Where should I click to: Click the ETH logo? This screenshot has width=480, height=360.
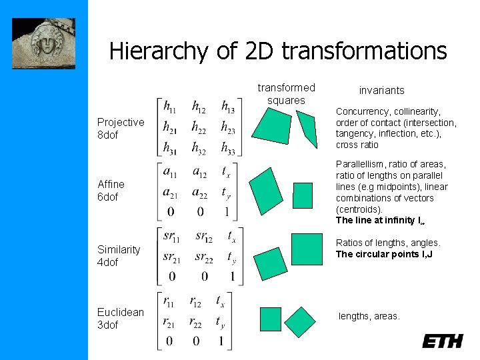(442, 341)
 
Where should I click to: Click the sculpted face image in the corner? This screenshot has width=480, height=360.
(44, 43)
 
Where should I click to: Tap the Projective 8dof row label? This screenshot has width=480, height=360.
(120, 128)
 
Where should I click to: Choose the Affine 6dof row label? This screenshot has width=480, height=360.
(111, 190)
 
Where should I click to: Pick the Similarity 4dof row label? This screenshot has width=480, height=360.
(118, 256)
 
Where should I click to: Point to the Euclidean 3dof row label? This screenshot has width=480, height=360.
(120, 319)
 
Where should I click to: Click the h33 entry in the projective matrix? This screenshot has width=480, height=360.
(228, 148)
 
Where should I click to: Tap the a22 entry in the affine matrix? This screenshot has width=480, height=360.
(200, 193)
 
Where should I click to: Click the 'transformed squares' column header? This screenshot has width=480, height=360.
(286, 94)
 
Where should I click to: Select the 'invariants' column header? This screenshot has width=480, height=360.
(381, 90)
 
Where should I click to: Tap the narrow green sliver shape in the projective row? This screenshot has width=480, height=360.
(307, 129)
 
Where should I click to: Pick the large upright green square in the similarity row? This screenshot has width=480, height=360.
(306, 249)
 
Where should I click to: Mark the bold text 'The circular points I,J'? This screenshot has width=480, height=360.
(384, 254)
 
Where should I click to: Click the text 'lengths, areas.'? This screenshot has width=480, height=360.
(369, 316)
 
